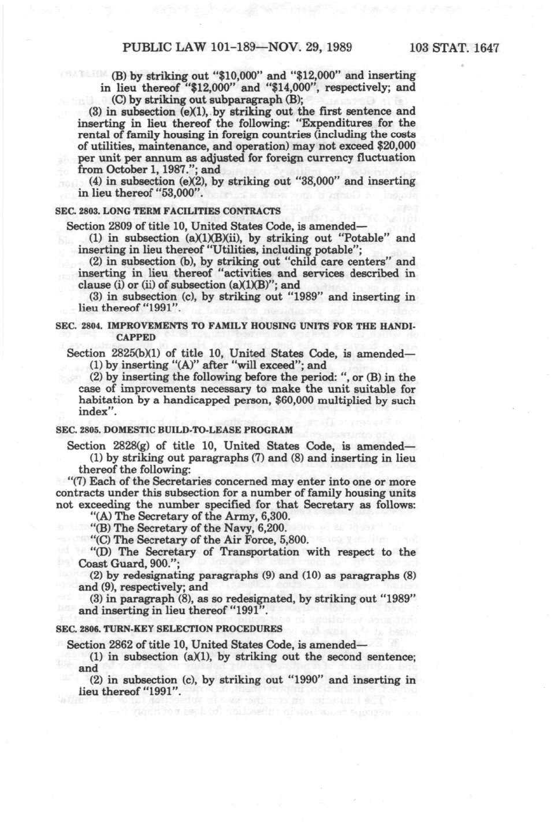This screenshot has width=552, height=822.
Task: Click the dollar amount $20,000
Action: click(396, 146)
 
